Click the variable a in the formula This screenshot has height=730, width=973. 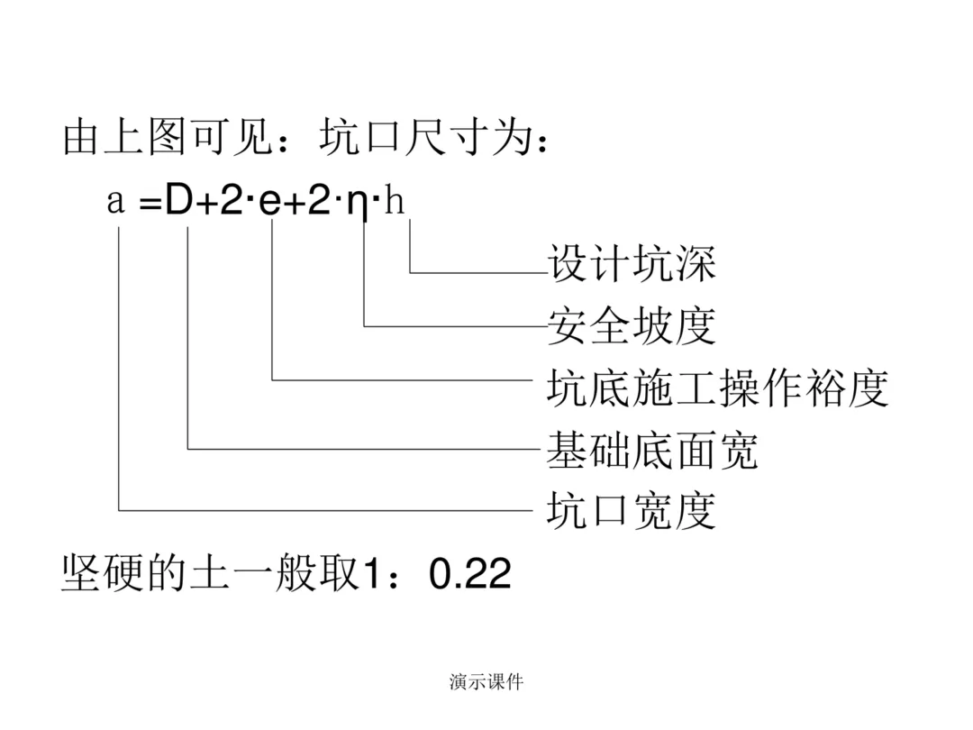[115, 202]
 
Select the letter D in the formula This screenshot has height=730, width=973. [178, 200]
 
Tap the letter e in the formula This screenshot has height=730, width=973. [270, 202]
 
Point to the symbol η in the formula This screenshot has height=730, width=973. [359, 205]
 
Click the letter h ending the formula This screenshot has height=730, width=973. [395, 199]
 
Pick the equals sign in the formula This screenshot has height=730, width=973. [150, 203]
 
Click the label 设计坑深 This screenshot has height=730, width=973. [632, 263]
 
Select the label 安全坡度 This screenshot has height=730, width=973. [632, 325]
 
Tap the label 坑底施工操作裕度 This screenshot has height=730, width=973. [717, 388]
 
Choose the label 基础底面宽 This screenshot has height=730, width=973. [652, 450]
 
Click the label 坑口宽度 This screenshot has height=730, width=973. [632, 510]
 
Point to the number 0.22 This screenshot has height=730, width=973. [469, 573]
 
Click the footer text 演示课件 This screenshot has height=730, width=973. [486, 682]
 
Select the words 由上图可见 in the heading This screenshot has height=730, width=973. [168, 137]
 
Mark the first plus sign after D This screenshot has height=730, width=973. [205, 203]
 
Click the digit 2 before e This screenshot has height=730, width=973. [231, 200]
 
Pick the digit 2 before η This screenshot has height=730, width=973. [318, 200]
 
